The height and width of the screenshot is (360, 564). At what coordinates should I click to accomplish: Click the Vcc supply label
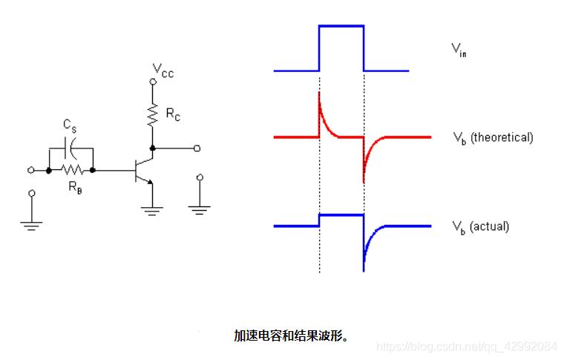(x=163, y=71)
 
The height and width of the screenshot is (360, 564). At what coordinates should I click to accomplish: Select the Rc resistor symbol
(x=153, y=114)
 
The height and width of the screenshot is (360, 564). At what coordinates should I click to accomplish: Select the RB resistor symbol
(x=71, y=170)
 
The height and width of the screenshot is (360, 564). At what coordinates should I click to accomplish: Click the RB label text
(x=75, y=187)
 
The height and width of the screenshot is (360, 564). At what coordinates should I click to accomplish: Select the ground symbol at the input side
(x=30, y=223)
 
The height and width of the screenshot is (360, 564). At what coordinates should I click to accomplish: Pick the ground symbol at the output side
(x=198, y=209)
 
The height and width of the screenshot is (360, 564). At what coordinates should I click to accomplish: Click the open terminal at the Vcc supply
(x=153, y=82)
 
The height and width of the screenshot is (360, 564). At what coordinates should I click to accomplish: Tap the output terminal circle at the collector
(x=197, y=148)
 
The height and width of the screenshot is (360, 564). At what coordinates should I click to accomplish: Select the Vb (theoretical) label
(x=492, y=137)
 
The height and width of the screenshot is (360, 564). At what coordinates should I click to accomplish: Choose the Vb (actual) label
(x=480, y=226)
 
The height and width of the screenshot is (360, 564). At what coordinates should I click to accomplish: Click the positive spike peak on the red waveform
(x=319, y=93)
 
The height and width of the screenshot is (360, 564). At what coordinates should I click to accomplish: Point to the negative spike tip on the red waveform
(x=364, y=182)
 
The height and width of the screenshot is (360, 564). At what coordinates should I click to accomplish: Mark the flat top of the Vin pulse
(x=341, y=26)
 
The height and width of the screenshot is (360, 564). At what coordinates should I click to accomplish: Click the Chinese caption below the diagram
(x=292, y=336)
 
